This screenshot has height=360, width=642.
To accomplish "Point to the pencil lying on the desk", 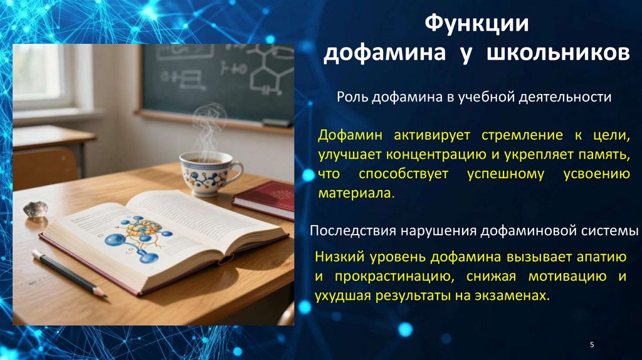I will point(69,273).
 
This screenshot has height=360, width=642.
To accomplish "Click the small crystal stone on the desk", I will point(36,209).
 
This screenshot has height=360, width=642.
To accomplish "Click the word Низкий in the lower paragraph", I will point(337,257).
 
